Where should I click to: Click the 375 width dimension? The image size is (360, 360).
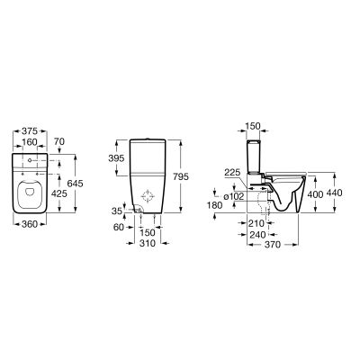(x=30, y=131)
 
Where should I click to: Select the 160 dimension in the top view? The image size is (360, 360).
(x=30, y=141)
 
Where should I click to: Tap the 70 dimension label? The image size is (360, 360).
(x=59, y=141)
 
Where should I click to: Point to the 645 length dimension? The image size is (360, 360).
(x=75, y=184)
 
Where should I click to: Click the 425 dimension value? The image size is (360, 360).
(x=59, y=194)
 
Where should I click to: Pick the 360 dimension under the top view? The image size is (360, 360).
(x=30, y=224)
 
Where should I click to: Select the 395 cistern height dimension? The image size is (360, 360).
(x=116, y=158)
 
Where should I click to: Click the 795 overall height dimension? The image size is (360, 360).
(x=181, y=177)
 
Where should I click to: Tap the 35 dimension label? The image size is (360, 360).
(x=117, y=211)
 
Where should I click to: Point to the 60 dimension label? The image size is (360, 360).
(x=119, y=228)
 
